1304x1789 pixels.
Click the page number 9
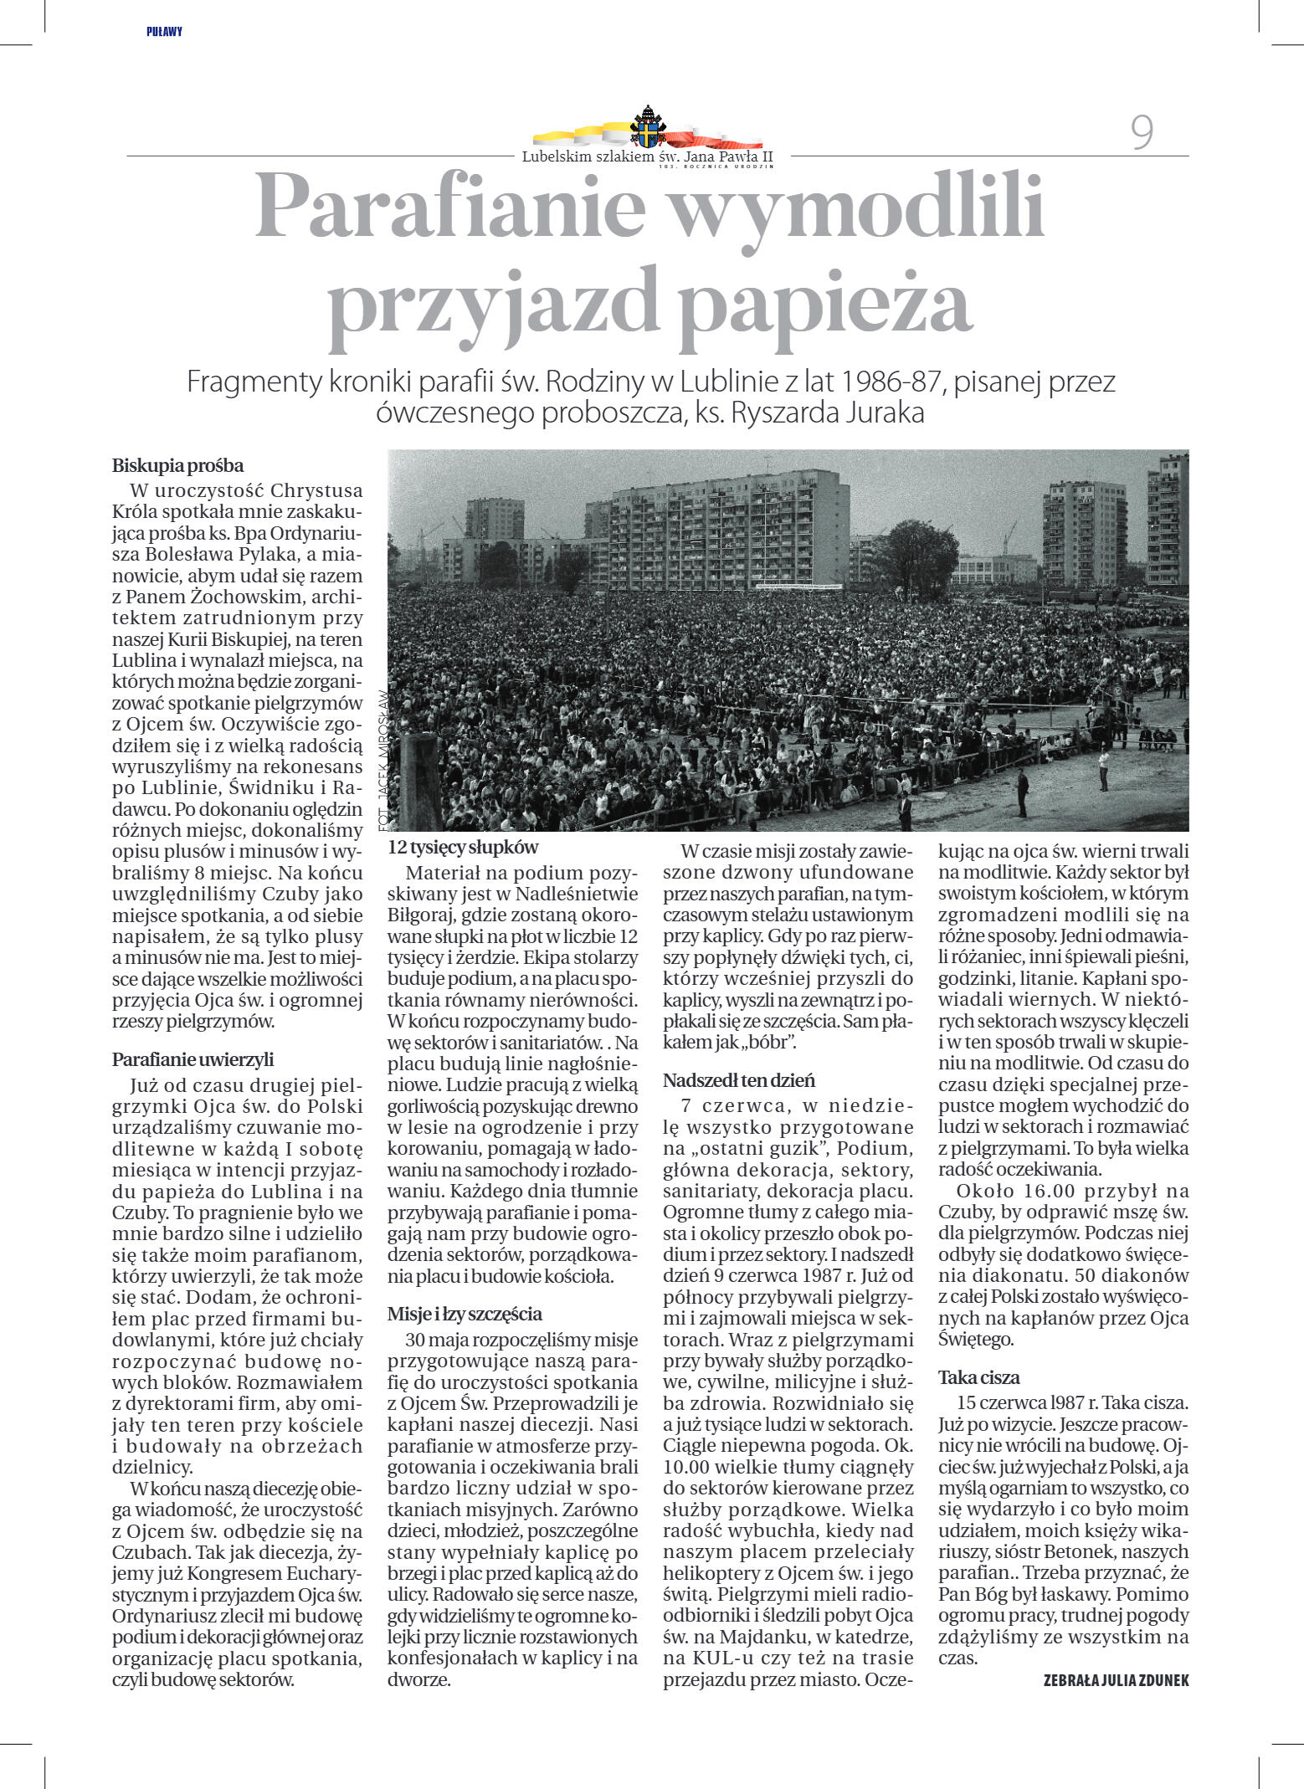[1142, 132]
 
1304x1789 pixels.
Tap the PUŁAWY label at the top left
[164, 32]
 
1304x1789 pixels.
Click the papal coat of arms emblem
[649, 127]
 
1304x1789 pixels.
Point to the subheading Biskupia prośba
[177, 465]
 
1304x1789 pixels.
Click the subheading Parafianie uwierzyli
[193, 1059]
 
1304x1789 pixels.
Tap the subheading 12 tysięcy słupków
[463, 847]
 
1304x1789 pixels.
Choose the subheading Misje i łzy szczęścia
[465, 1313]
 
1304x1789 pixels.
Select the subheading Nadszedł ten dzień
[739, 1079]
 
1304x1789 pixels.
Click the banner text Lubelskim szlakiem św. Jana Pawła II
[647, 156]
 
